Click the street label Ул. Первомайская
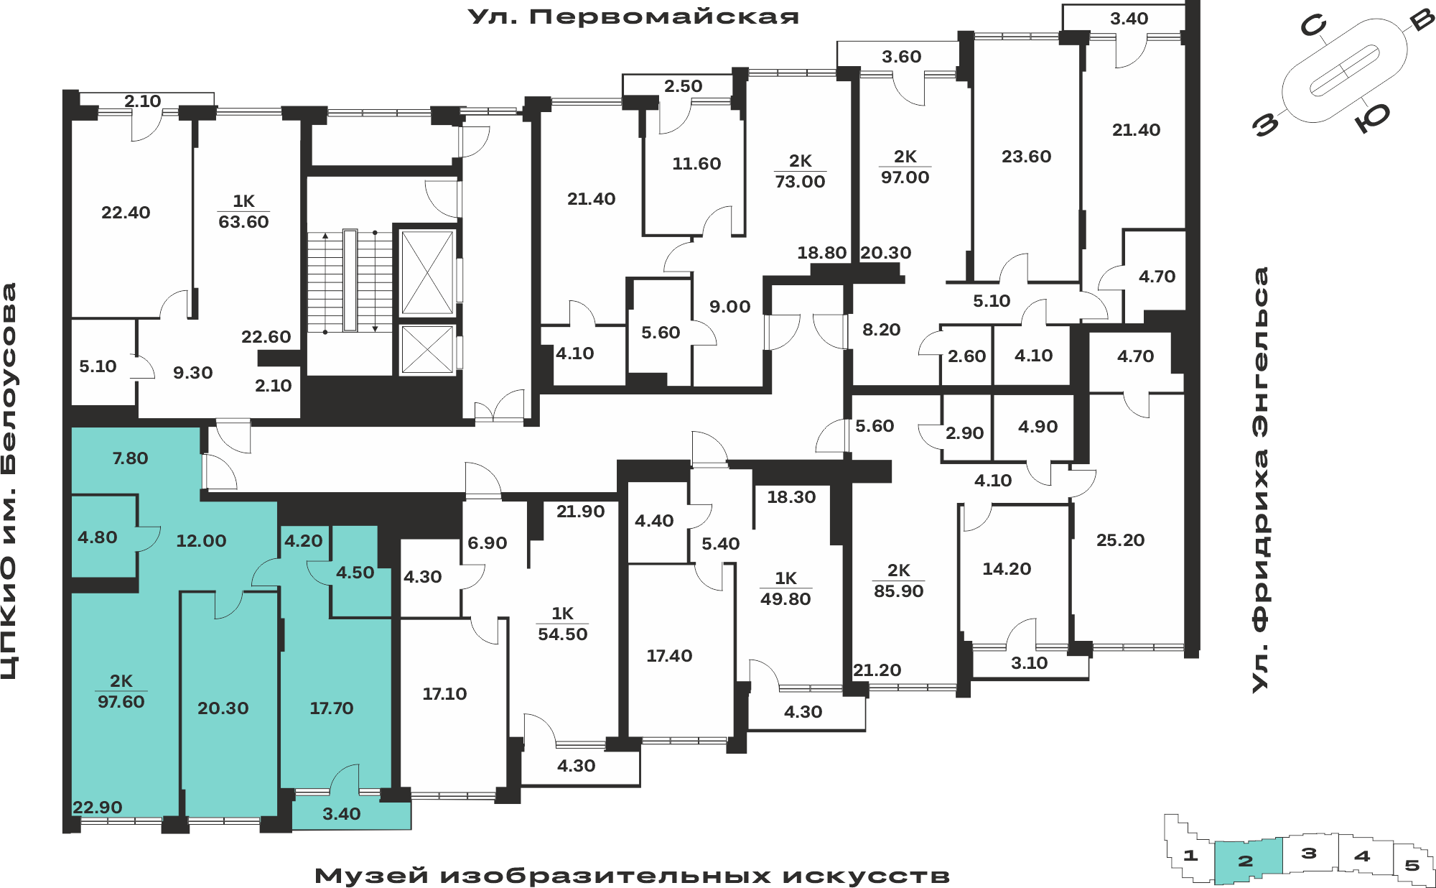coord(633,17)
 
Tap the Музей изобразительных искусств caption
coord(632,875)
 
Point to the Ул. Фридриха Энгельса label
coord(1260,480)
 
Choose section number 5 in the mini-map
coord(1412,865)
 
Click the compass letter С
coord(1313,27)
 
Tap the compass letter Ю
coord(1373,116)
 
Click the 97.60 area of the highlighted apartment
coord(121,701)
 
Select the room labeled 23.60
coord(1026,156)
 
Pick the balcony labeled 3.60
coord(901,56)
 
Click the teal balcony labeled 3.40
coord(341,813)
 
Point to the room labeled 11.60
coord(696,163)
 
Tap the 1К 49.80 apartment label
coord(785,588)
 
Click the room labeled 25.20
coord(1120,540)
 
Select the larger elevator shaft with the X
coord(427,272)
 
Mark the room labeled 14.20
coord(1007,568)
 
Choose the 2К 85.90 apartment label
coord(898,581)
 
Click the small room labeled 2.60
coord(966,356)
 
